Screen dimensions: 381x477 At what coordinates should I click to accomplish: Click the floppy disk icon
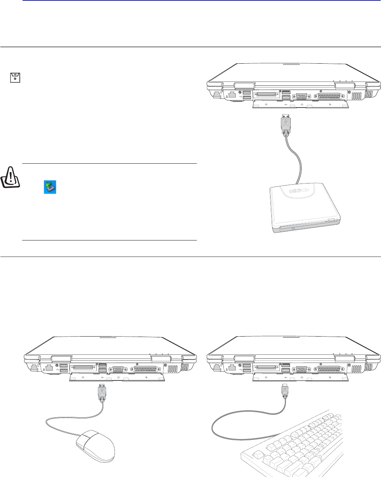[15, 78]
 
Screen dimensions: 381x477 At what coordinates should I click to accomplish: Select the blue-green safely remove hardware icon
[50, 187]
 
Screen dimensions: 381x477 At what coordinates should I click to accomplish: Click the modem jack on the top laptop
[216, 94]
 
